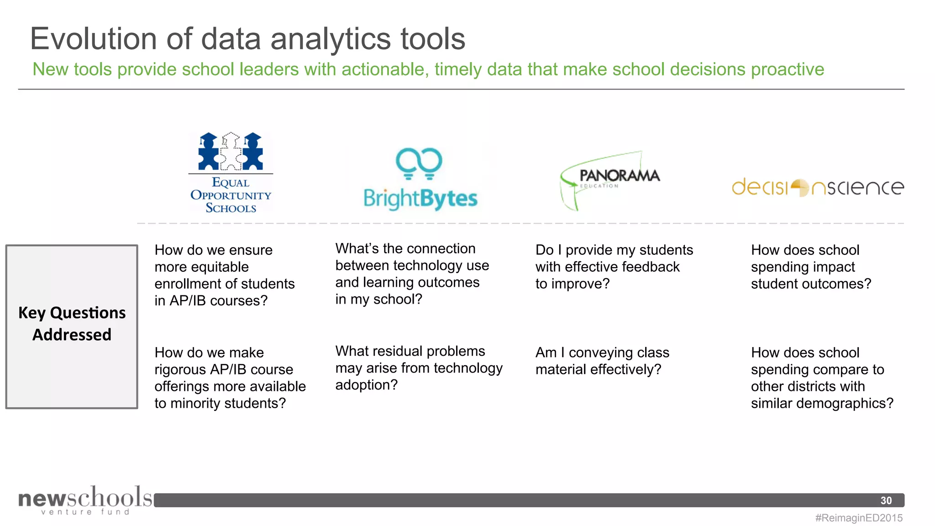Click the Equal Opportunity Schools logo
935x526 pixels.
231,173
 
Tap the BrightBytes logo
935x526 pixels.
420,179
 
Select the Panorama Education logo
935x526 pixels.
610,180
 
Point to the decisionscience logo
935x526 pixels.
818,187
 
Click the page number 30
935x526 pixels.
886,500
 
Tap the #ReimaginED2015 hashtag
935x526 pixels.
859,518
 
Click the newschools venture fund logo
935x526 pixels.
85,500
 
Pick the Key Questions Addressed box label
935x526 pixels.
72,324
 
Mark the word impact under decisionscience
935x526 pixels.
833,267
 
